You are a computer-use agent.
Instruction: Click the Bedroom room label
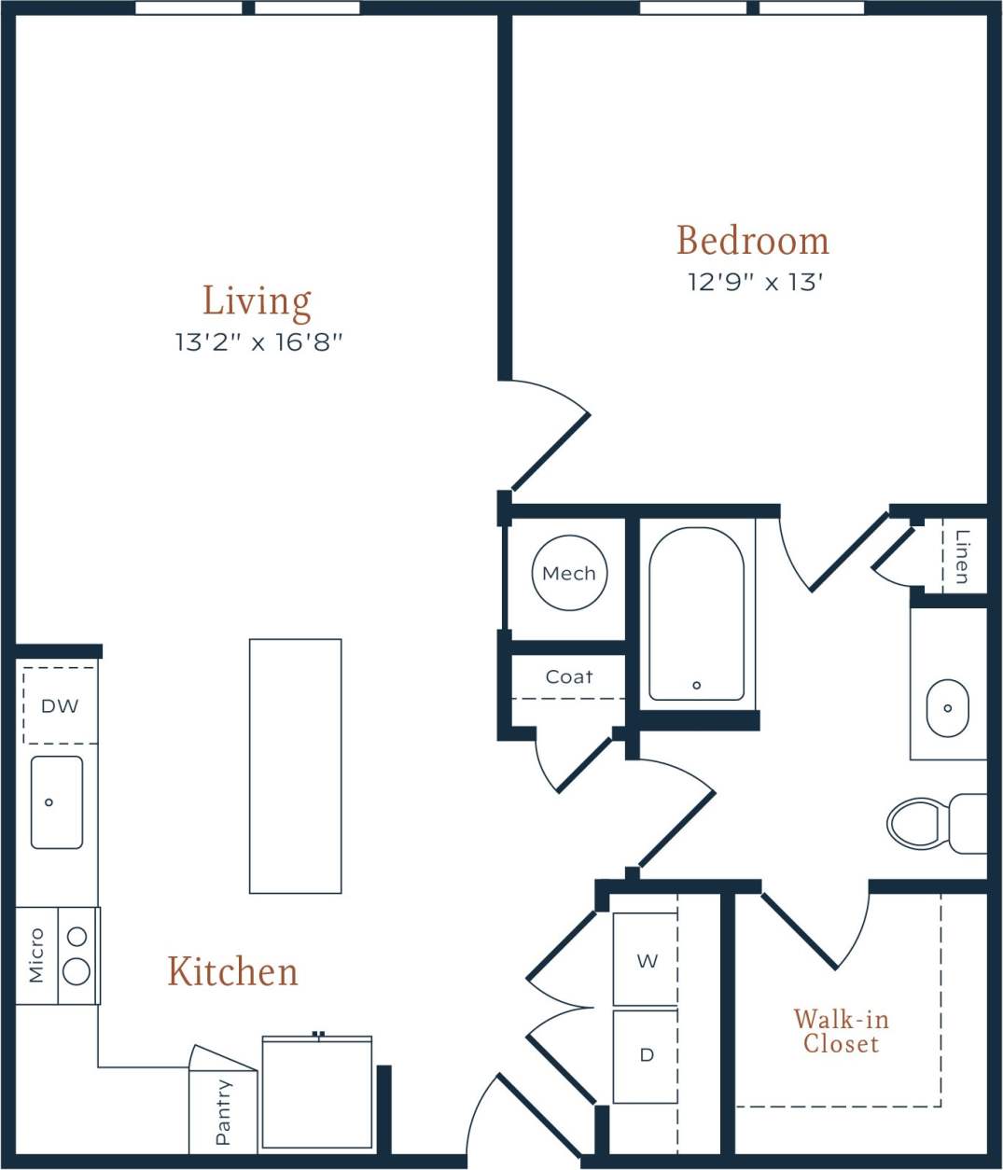[x=752, y=241]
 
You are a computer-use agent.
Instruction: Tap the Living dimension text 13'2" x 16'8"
[x=258, y=342]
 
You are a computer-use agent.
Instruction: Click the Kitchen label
[x=232, y=972]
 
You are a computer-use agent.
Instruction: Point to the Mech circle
[x=569, y=573]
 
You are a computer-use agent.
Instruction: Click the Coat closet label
[x=568, y=677]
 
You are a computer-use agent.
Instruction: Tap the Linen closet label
[x=962, y=557]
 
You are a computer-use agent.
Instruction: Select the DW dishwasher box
[x=60, y=706]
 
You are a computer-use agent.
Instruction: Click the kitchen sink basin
[x=57, y=802]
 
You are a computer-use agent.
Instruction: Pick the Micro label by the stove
[x=36, y=954]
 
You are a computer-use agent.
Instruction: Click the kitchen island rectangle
[x=295, y=765]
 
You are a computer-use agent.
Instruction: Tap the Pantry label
[x=223, y=1112]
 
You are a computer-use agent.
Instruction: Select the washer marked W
[x=646, y=960]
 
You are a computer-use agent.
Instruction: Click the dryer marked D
[x=646, y=1056]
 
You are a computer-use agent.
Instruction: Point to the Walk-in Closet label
[x=841, y=1031]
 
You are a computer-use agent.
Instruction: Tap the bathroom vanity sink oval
[x=947, y=708]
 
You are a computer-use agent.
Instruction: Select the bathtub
[x=696, y=614]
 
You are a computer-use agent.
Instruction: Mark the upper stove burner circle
[x=77, y=936]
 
